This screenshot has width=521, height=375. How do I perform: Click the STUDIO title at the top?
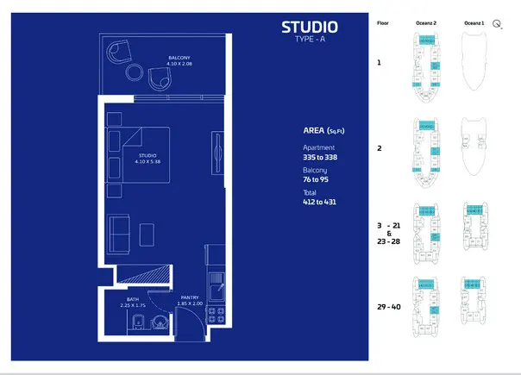[310, 28]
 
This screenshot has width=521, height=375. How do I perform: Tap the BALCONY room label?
[180, 57]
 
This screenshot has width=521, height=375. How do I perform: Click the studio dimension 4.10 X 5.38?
[148, 161]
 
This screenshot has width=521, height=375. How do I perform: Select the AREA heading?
[319, 131]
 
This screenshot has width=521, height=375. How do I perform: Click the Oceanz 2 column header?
[425, 23]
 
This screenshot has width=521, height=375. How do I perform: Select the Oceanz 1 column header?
[474, 23]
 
